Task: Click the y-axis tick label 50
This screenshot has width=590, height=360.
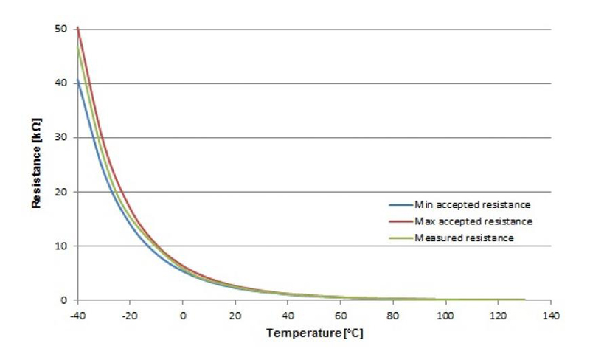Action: coord(62,29)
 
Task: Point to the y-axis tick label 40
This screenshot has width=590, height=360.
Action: coord(62,83)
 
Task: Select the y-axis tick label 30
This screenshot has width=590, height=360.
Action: coord(62,137)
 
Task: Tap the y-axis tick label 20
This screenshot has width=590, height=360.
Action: coord(62,192)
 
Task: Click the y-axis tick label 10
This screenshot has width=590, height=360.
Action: coord(62,246)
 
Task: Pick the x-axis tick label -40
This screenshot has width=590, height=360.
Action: coord(77,314)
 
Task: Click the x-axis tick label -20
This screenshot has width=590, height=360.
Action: coord(130,314)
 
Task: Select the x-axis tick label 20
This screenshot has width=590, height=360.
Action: coord(236,314)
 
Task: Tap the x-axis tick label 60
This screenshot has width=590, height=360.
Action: coord(341,314)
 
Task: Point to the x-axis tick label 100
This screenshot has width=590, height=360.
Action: coord(445,314)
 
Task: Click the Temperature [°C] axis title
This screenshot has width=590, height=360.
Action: coord(315,333)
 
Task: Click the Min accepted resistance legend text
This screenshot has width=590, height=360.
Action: coord(473,204)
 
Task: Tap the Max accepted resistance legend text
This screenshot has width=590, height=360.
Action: coord(473,221)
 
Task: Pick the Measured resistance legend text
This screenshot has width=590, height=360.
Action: coord(464,238)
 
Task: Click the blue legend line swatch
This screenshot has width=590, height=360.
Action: coord(401,204)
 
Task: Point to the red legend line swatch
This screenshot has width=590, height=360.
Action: coord(401,221)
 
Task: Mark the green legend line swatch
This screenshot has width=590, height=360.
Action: coord(401,238)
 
